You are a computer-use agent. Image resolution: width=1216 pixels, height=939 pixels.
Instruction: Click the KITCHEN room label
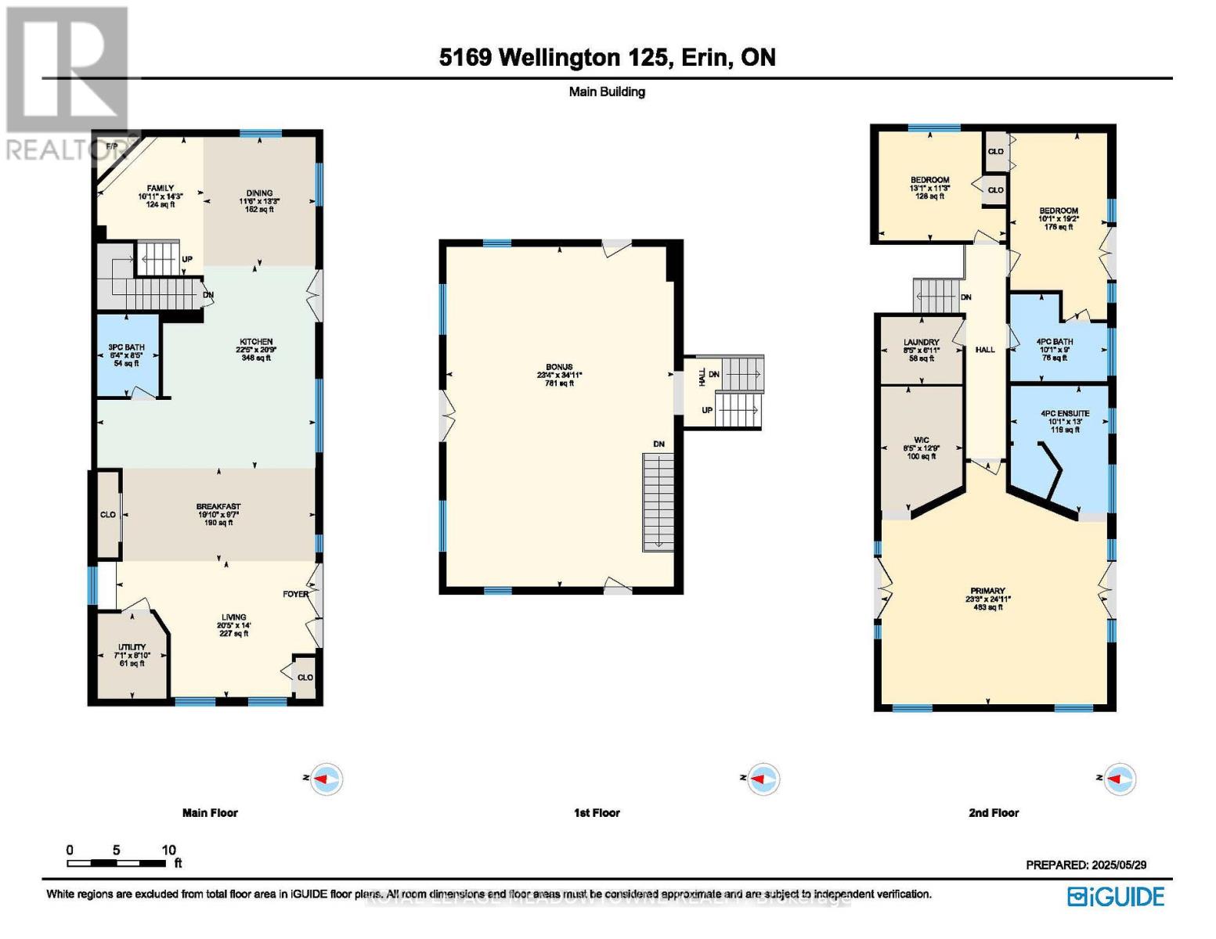256,342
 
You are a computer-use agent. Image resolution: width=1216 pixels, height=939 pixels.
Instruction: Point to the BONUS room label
559,367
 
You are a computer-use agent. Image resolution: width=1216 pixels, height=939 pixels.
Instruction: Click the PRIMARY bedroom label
987,591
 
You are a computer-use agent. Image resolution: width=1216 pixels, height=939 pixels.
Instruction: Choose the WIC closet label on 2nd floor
921,441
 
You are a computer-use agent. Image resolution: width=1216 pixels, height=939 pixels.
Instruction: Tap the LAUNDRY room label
921,343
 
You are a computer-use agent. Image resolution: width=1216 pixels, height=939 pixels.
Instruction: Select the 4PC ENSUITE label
1064,413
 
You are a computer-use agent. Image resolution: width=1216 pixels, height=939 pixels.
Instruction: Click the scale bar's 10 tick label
168,850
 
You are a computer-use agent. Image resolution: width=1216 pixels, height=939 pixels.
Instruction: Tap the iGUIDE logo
1116,897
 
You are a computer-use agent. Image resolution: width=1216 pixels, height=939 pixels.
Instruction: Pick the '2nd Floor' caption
994,813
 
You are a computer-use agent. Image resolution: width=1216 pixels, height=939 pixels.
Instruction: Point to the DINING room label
259,193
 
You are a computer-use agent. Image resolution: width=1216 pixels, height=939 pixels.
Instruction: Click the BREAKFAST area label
218,507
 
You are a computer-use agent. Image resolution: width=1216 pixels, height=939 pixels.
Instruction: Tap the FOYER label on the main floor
295,594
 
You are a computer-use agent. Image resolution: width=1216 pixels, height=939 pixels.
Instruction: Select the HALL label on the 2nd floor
985,350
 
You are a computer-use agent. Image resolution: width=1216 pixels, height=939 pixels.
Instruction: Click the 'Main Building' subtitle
607,92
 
